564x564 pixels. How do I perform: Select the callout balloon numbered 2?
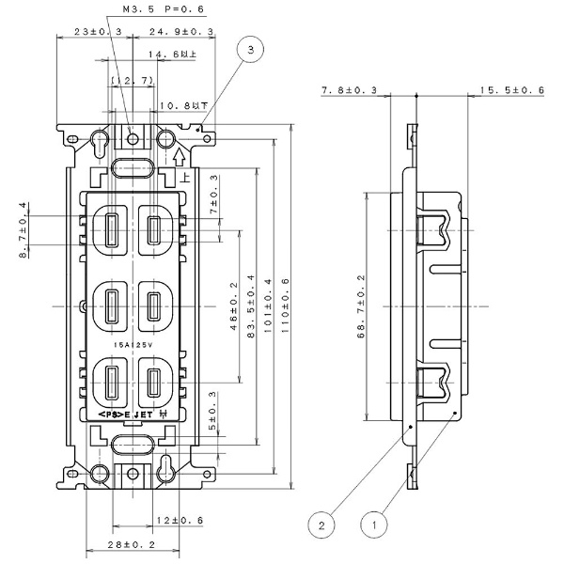coord(321,524)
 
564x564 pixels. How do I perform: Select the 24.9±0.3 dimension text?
coord(181,33)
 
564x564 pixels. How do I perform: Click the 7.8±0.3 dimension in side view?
coord(349,90)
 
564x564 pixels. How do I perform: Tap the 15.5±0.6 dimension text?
coord(512,90)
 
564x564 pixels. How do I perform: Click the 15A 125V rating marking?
coord(132,346)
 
